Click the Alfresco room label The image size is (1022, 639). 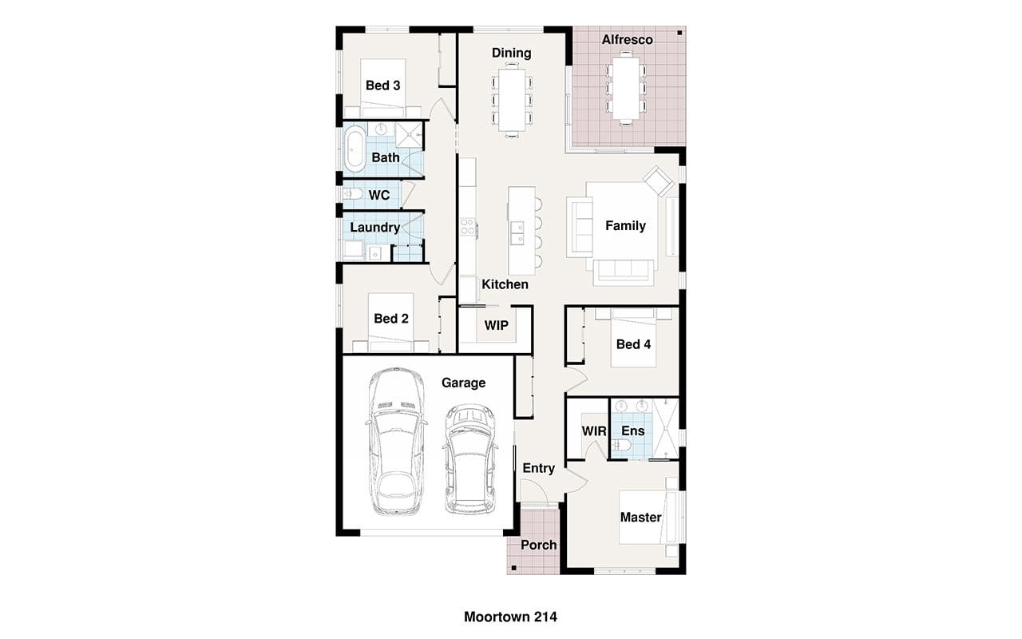click(627, 40)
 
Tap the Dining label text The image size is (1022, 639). click(511, 53)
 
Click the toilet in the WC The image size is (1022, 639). click(353, 194)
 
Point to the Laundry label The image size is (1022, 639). click(374, 228)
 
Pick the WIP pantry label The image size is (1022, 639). click(496, 325)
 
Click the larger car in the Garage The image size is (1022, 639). click(397, 442)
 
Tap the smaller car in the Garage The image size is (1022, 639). click(469, 458)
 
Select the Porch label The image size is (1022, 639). click(538, 545)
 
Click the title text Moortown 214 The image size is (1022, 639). click(510, 617)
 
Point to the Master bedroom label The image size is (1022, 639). click(640, 517)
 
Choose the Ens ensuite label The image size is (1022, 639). click(633, 431)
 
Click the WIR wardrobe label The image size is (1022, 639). click(594, 431)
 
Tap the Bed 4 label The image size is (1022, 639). click(633, 344)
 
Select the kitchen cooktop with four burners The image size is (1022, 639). click(468, 228)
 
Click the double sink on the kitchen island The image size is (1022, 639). click(517, 233)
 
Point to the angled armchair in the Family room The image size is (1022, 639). click(658, 181)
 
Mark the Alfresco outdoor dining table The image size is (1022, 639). click(626, 88)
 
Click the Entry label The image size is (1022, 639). click(538, 468)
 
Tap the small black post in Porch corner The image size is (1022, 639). click(513, 568)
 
